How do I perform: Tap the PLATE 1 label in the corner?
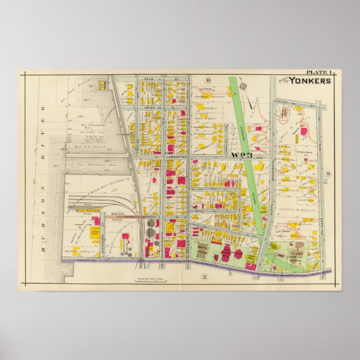[x=318, y=72]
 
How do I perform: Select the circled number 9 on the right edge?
[x=328, y=173]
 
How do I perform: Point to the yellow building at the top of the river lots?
[x=102, y=85]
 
